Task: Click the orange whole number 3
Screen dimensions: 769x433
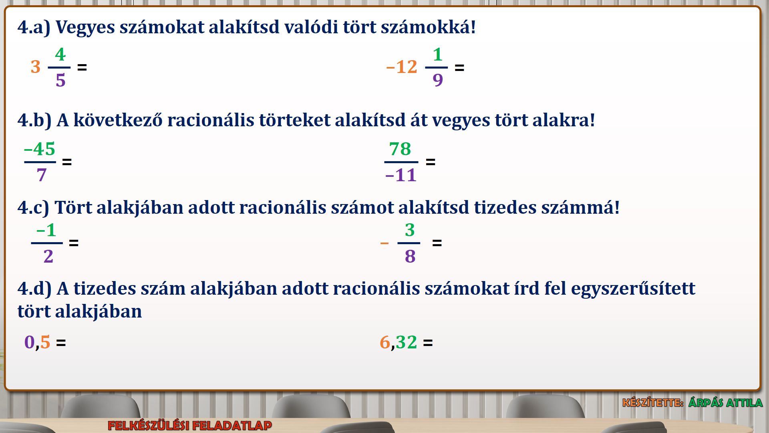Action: (36, 67)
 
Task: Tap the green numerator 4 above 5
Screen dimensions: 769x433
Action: (60, 54)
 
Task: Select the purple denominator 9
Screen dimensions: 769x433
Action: (438, 80)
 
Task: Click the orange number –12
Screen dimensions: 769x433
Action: (401, 67)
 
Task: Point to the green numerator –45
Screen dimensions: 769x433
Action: (39, 149)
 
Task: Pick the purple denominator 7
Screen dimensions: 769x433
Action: (41, 175)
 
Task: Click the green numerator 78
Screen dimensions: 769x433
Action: (400, 149)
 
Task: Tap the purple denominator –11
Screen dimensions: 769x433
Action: (401, 175)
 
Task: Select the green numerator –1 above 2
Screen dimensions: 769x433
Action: (46, 230)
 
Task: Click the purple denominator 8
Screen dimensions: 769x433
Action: (410, 256)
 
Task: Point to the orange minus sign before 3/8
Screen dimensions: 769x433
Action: (384, 243)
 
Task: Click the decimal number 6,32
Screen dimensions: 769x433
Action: (399, 342)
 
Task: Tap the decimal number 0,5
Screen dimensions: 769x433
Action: (37, 342)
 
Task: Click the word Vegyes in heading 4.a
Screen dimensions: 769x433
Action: (85, 27)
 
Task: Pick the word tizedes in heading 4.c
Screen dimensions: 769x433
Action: (505, 207)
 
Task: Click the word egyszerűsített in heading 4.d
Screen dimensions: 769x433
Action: (633, 289)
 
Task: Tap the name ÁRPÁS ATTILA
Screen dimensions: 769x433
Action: (725, 403)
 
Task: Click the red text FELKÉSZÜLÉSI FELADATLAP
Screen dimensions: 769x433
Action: (190, 425)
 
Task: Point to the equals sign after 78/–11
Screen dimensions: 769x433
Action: (431, 162)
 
